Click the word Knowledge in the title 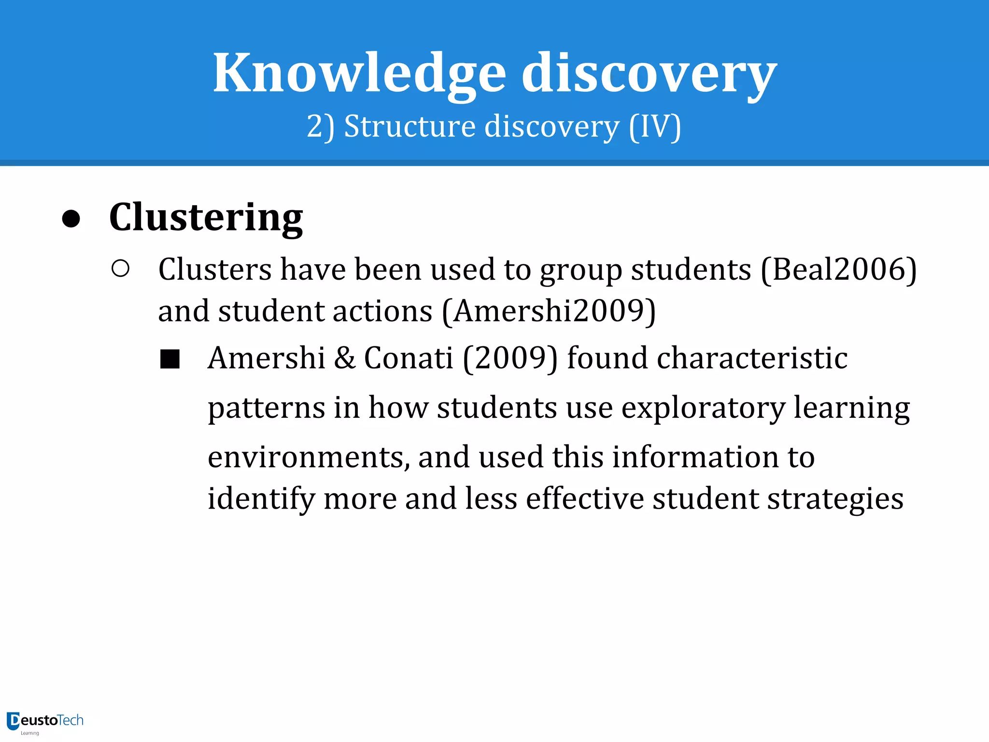coord(360,73)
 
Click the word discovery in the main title coord(649,73)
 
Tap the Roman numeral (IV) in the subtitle coord(655,127)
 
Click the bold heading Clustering coord(206,218)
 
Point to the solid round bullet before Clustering coord(71,219)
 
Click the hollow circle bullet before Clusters coord(120,269)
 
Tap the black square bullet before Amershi coord(170,359)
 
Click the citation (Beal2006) coord(838,270)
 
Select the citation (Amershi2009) coord(549,311)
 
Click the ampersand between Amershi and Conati coord(345,358)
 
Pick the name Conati coord(409,358)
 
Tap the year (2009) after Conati coord(510,358)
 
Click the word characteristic coord(707,358)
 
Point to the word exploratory coord(703,409)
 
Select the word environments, coord(309,457)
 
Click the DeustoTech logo coord(45,722)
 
